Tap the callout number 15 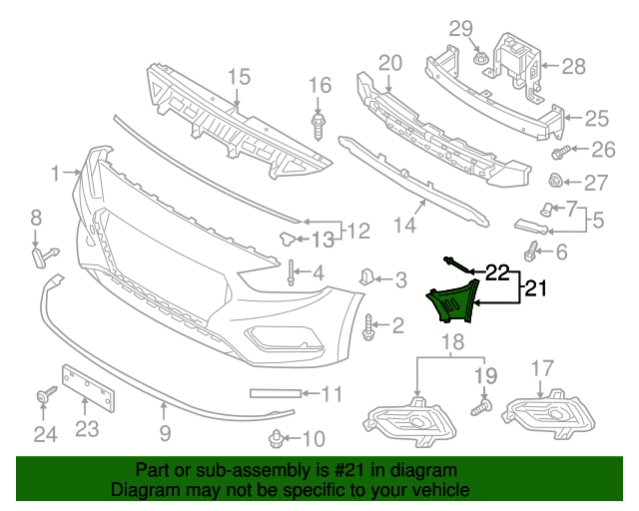[x=238, y=76]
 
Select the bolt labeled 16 [x=319, y=125]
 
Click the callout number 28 [x=573, y=67]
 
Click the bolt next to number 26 [x=560, y=153]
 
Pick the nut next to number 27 [x=559, y=181]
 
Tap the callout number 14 [x=404, y=226]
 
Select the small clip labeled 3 [x=365, y=276]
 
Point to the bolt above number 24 [x=44, y=397]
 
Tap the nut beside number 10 [x=276, y=436]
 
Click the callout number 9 [x=165, y=433]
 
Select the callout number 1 [x=56, y=175]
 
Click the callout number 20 [x=389, y=62]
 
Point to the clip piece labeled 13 [x=288, y=238]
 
